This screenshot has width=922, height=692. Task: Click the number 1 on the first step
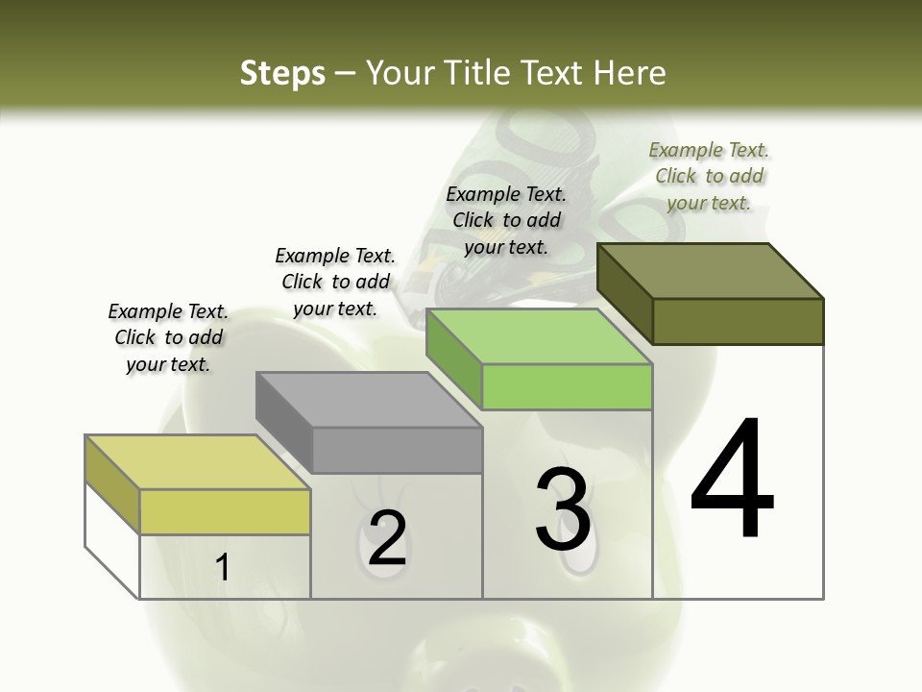223,567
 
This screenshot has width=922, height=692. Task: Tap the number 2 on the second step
387,538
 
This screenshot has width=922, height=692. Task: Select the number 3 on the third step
563,509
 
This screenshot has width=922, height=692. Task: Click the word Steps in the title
282,73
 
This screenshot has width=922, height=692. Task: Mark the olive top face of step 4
710,270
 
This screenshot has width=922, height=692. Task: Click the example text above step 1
168,337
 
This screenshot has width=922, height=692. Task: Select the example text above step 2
335,282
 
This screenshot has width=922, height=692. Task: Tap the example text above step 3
506,220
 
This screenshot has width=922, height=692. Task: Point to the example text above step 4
709,176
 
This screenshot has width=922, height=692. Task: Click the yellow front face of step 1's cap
225,511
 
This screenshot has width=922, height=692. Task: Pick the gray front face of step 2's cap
397,450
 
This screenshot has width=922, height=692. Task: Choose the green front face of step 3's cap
567,386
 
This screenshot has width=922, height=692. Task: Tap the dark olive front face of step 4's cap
738,321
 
